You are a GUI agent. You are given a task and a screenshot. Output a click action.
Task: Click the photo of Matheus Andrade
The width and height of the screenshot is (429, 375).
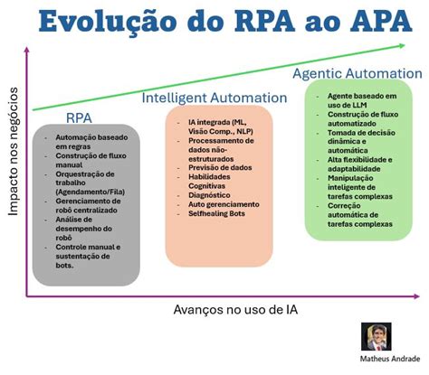(x=376, y=338)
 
